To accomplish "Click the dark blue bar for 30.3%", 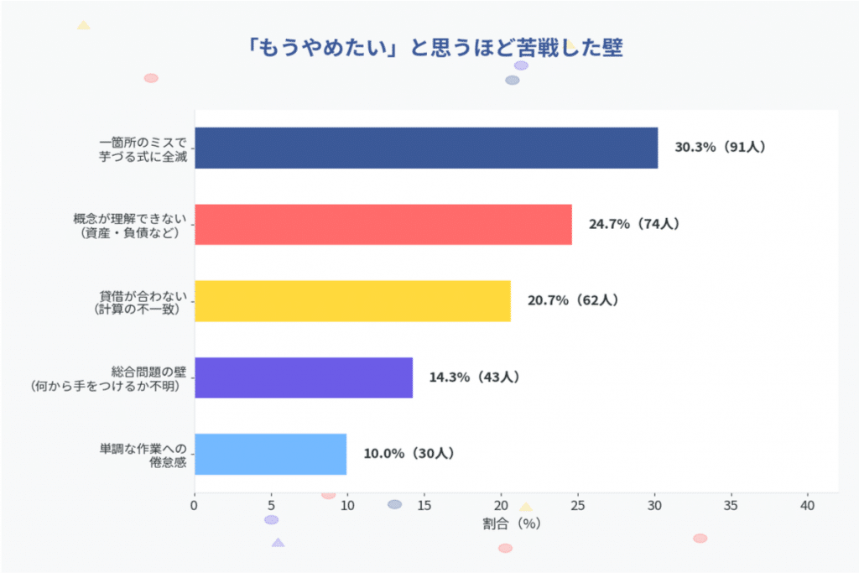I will tap(426, 148).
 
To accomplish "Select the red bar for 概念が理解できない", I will tap(383, 224).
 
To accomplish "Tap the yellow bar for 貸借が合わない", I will tap(352, 301).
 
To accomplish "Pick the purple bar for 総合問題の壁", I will tap(304, 378).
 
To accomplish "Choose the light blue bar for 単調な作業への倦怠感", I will tap(270, 454).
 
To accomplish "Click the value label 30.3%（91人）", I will tap(720, 148).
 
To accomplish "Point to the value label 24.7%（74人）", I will tap(633, 224).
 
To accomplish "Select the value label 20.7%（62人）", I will tap(572, 301).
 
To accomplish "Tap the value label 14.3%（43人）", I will tap(474, 378).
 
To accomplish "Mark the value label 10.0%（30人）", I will tap(409, 454).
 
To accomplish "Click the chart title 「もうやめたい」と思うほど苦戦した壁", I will tap(435, 48).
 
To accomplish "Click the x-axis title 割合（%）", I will tap(511, 524).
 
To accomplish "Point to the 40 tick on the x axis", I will tap(808, 506).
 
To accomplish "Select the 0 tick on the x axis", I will tap(195, 506).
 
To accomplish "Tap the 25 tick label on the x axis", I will tap(578, 506).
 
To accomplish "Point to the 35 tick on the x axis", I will tap(731, 506).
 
